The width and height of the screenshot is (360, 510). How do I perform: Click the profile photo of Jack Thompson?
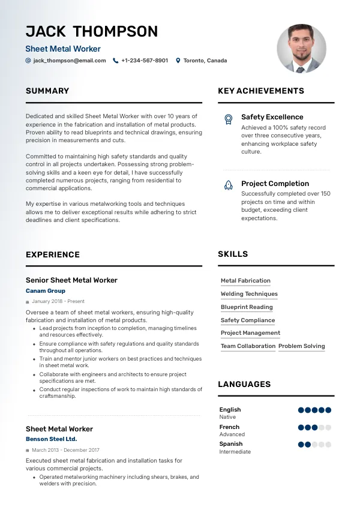(x=301, y=49)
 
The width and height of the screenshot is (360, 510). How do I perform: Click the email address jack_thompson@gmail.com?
(x=69, y=61)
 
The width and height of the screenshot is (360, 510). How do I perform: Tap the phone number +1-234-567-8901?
(x=144, y=61)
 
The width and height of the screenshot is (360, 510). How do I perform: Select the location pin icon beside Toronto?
(x=178, y=61)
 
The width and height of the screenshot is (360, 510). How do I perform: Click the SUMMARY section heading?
(x=47, y=91)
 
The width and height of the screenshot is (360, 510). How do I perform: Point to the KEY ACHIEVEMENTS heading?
(x=261, y=91)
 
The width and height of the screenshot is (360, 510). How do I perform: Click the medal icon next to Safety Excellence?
(x=228, y=119)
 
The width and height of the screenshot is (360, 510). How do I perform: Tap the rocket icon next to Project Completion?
(x=228, y=185)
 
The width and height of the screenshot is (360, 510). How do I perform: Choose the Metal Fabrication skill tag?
(x=245, y=281)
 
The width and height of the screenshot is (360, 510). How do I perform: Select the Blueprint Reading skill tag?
(x=247, y=307)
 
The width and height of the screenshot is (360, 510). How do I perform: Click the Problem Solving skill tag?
(x=302, y=346)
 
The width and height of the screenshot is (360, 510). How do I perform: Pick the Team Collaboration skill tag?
(x=248, y=346)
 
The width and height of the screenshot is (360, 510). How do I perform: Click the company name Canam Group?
(x=46, y=291)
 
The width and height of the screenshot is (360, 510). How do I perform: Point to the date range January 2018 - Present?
(x=58, y=301)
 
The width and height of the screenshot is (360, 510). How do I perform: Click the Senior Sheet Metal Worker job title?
(x=71, y=280)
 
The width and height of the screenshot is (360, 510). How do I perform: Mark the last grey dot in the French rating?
(x=328, y=428)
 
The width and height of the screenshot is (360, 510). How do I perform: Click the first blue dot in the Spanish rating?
(x=301, y=445)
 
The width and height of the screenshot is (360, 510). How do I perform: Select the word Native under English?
(x=227, y=417)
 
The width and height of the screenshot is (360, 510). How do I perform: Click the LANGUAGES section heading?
(x=244, y=384)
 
